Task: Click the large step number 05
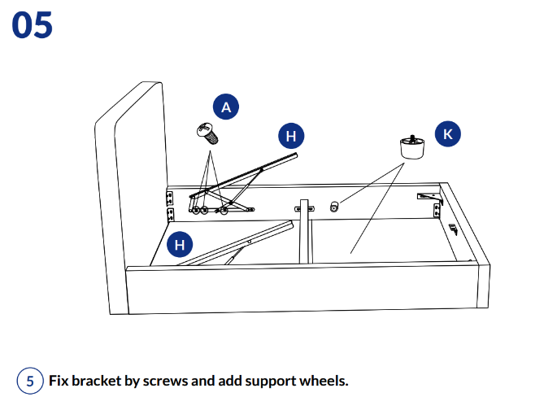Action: pyautogui.click(x=33, y=25)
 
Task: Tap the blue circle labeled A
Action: pyautogui.click(x=226, y=107)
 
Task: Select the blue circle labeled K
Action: pyautogui.click(x=448, y=134)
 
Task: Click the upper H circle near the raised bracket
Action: pyautogui.click(x=291, y=136)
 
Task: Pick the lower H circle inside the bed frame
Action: pyautogui.click(x=180, y=243)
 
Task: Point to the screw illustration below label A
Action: pyautogui.click(x=207, y=132)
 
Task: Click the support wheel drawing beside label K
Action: pyautogui.click(x=413, y=147)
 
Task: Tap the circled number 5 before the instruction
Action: pyautogui.click(x=30, y=381)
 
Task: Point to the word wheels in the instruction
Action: pyautogui.click(x=324, y=381)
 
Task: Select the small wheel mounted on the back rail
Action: pyautogui.click(x=334, y=208)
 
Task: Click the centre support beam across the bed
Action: pyautogui.click(x=304, y=231)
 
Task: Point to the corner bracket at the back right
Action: pyautogui.click(x=429, y=196)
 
